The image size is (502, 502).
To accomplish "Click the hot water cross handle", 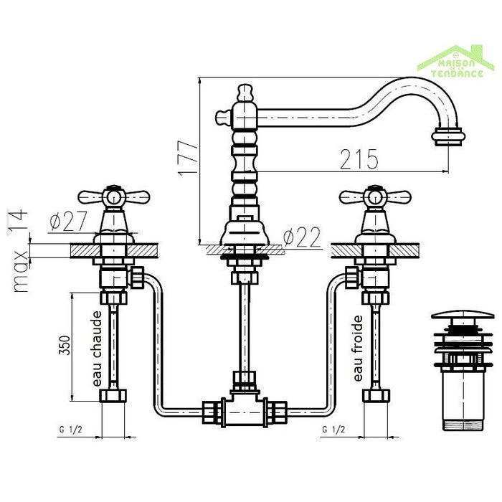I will [113, 196].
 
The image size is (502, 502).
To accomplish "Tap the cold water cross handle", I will [373, 196].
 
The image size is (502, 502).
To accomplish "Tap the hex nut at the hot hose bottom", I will [114, 395].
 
